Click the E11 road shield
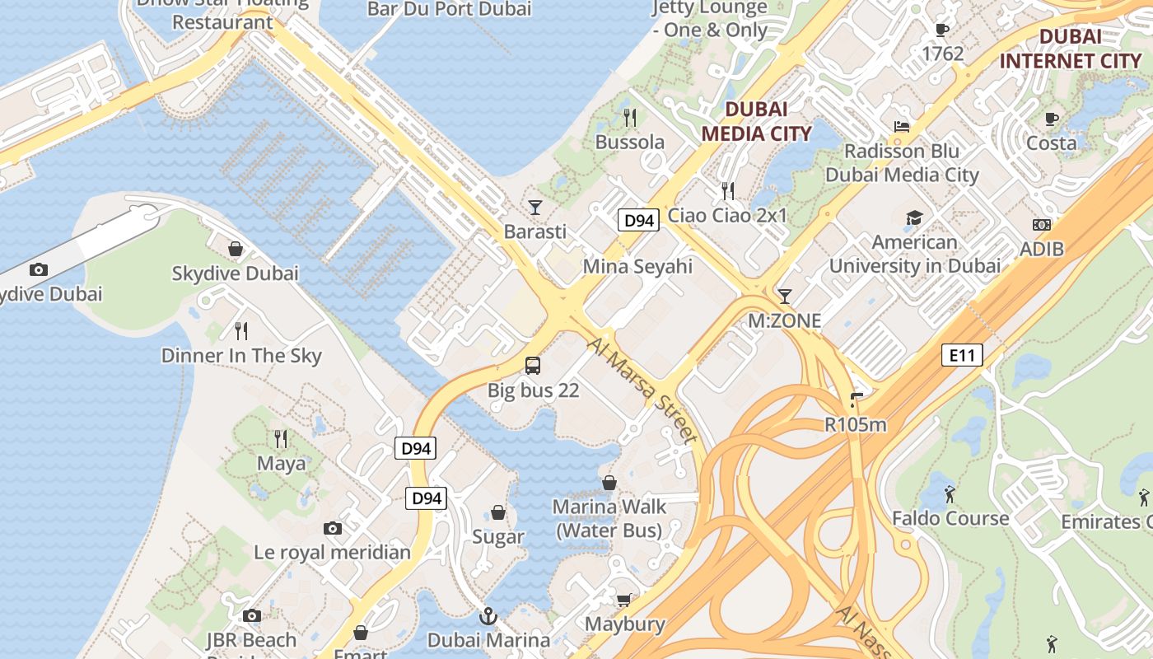[962, 356]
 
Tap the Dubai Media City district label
[756, 121]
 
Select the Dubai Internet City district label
[1071, 49]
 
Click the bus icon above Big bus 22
[533, 365]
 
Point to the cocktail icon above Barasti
[535, 207]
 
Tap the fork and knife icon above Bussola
[630, 117]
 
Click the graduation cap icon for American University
[914, 217]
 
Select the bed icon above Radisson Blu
[902, 127]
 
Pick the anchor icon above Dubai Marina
[488, 615]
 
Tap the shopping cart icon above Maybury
[624, 600]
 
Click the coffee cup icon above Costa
[1052, 119]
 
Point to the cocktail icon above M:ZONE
[784, 296]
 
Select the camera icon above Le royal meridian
[332, 528]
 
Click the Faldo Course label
[950, 518]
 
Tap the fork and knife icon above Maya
[281, 438]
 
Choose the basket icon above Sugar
[498, 512]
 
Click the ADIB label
[1042, 249]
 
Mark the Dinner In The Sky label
[241, 356]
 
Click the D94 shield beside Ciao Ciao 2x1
[638, 220]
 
